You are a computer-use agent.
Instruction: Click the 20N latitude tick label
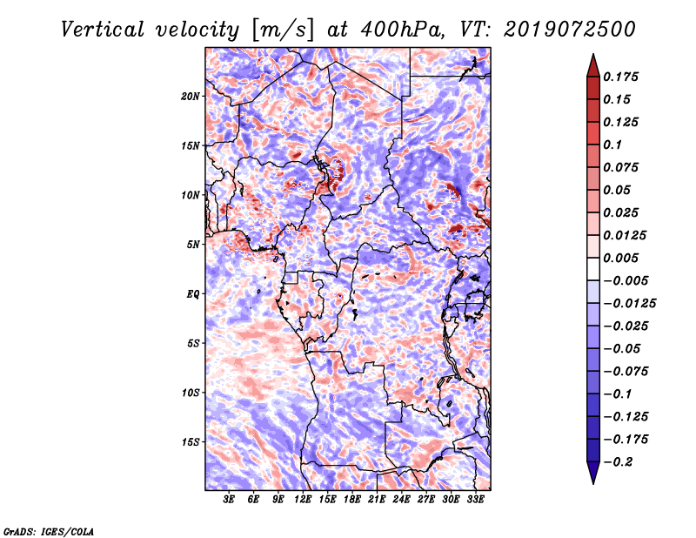(191, 97)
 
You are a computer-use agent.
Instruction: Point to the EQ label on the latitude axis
(192, 294)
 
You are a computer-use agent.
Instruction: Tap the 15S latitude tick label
(191, 442)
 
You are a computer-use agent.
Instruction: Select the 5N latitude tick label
(193, 245)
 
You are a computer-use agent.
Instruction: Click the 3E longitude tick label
(229, 499)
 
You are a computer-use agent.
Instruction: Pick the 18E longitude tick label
(352, 499)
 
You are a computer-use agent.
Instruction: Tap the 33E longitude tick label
(475, 499)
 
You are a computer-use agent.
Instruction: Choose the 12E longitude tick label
(303, 499)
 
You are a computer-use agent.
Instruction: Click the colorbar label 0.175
(620, 77)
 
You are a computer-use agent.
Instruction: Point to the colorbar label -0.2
(618, 462)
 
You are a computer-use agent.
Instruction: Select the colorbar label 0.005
(620, 258)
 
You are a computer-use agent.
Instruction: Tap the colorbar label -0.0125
(629, 304)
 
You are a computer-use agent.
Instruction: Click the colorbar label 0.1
(612, 145)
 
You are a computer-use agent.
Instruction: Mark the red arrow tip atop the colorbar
(593, 55)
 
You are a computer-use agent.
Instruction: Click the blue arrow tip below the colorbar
(593, 482)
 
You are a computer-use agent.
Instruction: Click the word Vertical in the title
(103, 30)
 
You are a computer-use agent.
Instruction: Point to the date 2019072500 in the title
(570, 30)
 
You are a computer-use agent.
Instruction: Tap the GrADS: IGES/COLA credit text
(49, 532)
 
